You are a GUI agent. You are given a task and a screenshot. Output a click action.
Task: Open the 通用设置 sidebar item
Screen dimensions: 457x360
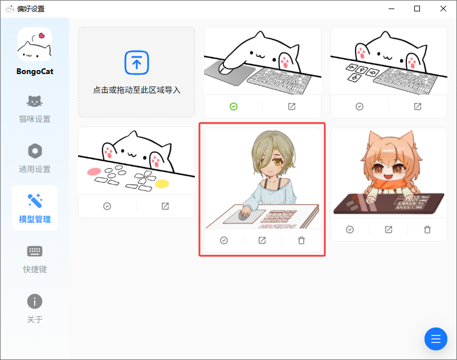[35, 159]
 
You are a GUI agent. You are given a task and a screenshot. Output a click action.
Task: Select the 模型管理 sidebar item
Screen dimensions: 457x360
[35, 208]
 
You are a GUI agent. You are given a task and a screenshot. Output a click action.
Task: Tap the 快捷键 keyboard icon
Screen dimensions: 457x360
[35, 251]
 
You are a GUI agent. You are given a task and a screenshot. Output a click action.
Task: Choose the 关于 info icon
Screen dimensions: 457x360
[35, 301]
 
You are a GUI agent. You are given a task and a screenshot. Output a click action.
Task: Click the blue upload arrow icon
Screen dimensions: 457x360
[137, 63]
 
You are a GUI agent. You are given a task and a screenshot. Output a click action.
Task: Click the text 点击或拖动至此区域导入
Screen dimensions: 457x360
[137, 90]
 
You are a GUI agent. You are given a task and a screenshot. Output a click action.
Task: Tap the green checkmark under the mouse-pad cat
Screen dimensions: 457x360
[234, 107]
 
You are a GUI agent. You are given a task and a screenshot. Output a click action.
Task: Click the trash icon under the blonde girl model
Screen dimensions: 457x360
[301, 240]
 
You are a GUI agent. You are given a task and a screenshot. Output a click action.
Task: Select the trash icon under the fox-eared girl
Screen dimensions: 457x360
[427, 230]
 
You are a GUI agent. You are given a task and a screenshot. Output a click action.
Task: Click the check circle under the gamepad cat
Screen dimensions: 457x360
[107, 206]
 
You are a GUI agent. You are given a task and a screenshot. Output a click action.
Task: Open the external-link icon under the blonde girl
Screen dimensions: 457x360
[262, 240]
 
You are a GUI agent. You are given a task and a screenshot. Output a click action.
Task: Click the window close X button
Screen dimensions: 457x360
[443, 9]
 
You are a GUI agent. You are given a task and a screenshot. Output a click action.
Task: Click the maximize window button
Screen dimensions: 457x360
[417, 9]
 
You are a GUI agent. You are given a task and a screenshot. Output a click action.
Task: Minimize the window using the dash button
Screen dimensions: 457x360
[391, 9]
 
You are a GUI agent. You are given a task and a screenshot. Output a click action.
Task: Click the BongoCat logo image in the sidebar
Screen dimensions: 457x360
[35, 44]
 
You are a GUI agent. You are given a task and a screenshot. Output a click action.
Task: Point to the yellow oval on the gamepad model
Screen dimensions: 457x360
[162, 184]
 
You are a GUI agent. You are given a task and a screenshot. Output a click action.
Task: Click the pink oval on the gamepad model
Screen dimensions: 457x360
[94, 171]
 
